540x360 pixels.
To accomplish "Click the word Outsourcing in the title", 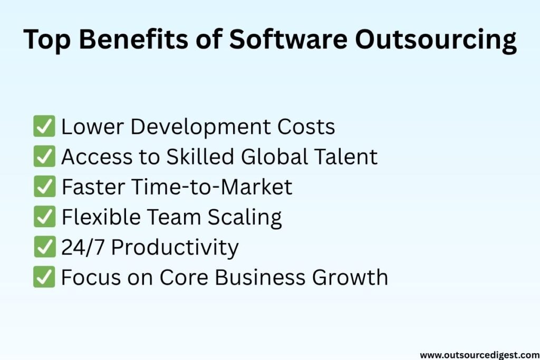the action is (436, 40).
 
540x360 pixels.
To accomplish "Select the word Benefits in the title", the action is (133, 38).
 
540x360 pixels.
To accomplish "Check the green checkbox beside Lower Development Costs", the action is (44, 126).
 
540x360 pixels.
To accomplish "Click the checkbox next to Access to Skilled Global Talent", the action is (44, 156).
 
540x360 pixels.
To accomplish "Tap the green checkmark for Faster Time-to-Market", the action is (44, 186).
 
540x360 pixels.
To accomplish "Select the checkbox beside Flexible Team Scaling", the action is (44, 217).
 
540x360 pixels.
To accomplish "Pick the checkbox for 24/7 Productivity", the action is (44, 247).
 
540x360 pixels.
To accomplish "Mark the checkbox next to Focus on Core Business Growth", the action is (44, 277).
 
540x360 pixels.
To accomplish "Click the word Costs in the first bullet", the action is (306, 127).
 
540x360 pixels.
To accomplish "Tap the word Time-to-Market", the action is (212, 187).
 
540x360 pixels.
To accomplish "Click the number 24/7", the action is (83, 247).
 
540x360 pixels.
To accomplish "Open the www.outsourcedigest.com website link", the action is (480, 355).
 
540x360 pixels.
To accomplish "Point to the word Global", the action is (274, 156).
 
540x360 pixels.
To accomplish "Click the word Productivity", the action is (175, 248).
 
